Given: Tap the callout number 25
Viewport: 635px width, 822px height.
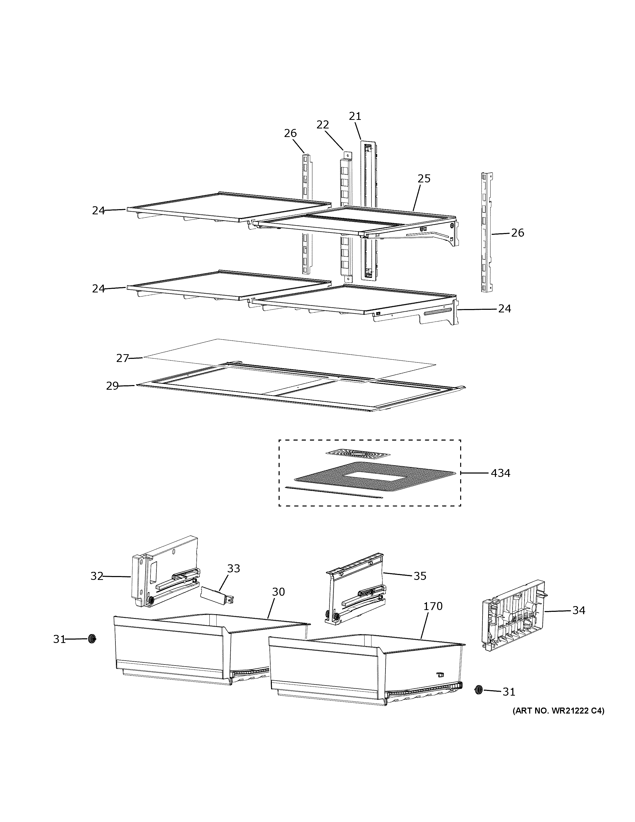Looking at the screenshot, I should click(424, 179).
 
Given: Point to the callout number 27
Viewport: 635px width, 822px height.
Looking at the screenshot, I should click(123, 358).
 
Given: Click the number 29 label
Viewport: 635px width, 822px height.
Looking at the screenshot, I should click(112, 386).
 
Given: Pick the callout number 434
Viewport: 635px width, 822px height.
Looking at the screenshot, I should click(500, 473).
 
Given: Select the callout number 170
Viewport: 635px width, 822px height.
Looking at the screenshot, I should click(433, 606).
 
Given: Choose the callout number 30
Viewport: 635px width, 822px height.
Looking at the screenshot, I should click(278, 592).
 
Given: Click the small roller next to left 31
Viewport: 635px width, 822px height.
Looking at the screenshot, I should click(91, 639).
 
